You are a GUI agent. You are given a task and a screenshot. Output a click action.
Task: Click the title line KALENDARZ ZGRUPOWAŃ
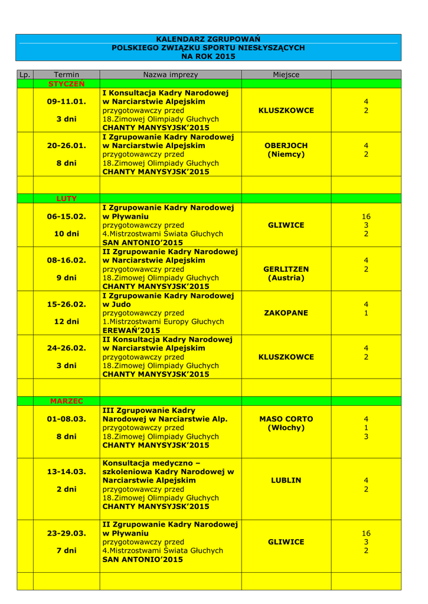pyautogui.click(x=208, y=38)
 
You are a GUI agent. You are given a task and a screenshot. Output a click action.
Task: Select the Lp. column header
pyautogui.click(x=24, y=75)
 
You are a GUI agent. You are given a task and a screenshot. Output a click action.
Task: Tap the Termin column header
pyautogui.click(x=66, y=75)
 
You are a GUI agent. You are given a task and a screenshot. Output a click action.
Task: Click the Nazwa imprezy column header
pyautogui.click(x=171, y=75)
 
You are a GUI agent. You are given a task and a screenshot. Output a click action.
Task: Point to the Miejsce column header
pyautogui.click(x=286, y=75)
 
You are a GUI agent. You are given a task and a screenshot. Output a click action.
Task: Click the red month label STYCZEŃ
pyautogui.click(x=66, y=84)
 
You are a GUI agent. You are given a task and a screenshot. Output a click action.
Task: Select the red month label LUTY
pyautogui.click(x=66, y=199)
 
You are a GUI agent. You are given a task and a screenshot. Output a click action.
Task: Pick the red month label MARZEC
pyautogui.click(x=66, y=401)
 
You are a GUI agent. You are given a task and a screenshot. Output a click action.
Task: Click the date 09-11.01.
pyautogui.click(x=66, y=101)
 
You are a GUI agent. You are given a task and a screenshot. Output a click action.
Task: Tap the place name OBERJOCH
pyautogui.click(x=286, y=145)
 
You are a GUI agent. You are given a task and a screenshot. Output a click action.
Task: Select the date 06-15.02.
pyautogui.click(x=66, y=216)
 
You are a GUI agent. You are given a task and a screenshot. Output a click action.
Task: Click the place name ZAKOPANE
pyautogui.click(x=286, y=313)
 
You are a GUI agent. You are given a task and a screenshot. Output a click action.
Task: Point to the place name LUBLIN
pyautogui.click(x=286, y=481)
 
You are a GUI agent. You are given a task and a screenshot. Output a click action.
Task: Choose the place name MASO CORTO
pyautogui.click(x=286, y=419)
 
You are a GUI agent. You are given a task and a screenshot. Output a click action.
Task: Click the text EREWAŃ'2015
pyautogui.click(x=131, y=331)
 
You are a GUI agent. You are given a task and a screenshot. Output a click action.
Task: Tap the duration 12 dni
pyautogui.click(x=66, y=322)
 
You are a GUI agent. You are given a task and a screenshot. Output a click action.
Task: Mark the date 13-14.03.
pyautogui.click(x=66, y=472)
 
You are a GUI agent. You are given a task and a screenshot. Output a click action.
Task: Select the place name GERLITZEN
pyautogui.click(x=286, y=269)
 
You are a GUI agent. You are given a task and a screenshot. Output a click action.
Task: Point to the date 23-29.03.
pyautogui.click(x=66, y=533)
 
